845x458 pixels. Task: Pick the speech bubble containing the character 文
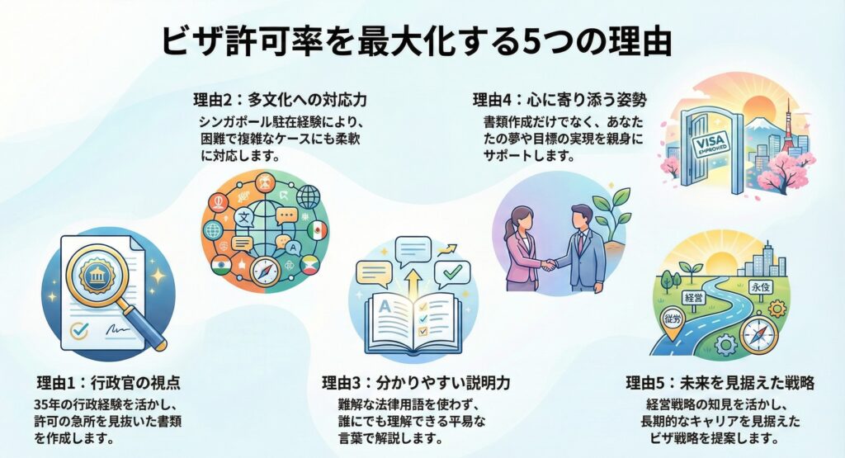(245, 217)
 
